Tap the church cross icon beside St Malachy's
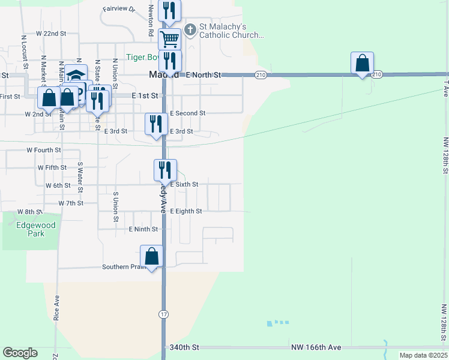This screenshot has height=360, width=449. click(x=190, y=29)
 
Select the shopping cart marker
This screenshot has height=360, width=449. click(x=170, y=40)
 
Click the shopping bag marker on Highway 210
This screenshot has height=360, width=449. click(x=362, y=63)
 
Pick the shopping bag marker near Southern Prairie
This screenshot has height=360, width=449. click(x=152, y=256)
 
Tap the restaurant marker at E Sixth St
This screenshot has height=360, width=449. click(x=165, y=170)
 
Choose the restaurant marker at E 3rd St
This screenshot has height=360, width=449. click(x=156, y=124)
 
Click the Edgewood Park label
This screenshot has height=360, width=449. click(x=36, y=229)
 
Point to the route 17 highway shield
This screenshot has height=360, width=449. click(x=163, y=314)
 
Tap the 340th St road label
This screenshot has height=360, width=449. click(x=184, y=347)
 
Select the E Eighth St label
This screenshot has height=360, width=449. click(x=185, y=211)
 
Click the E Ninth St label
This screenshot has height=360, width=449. click(x=143, y=229)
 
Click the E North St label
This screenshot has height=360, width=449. click(x=203, y=75)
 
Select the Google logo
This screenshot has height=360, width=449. click(x=20, y=353)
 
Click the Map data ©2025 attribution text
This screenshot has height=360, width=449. click(x=423, y=355)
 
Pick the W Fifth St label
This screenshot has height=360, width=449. click(x=52, y=167)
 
